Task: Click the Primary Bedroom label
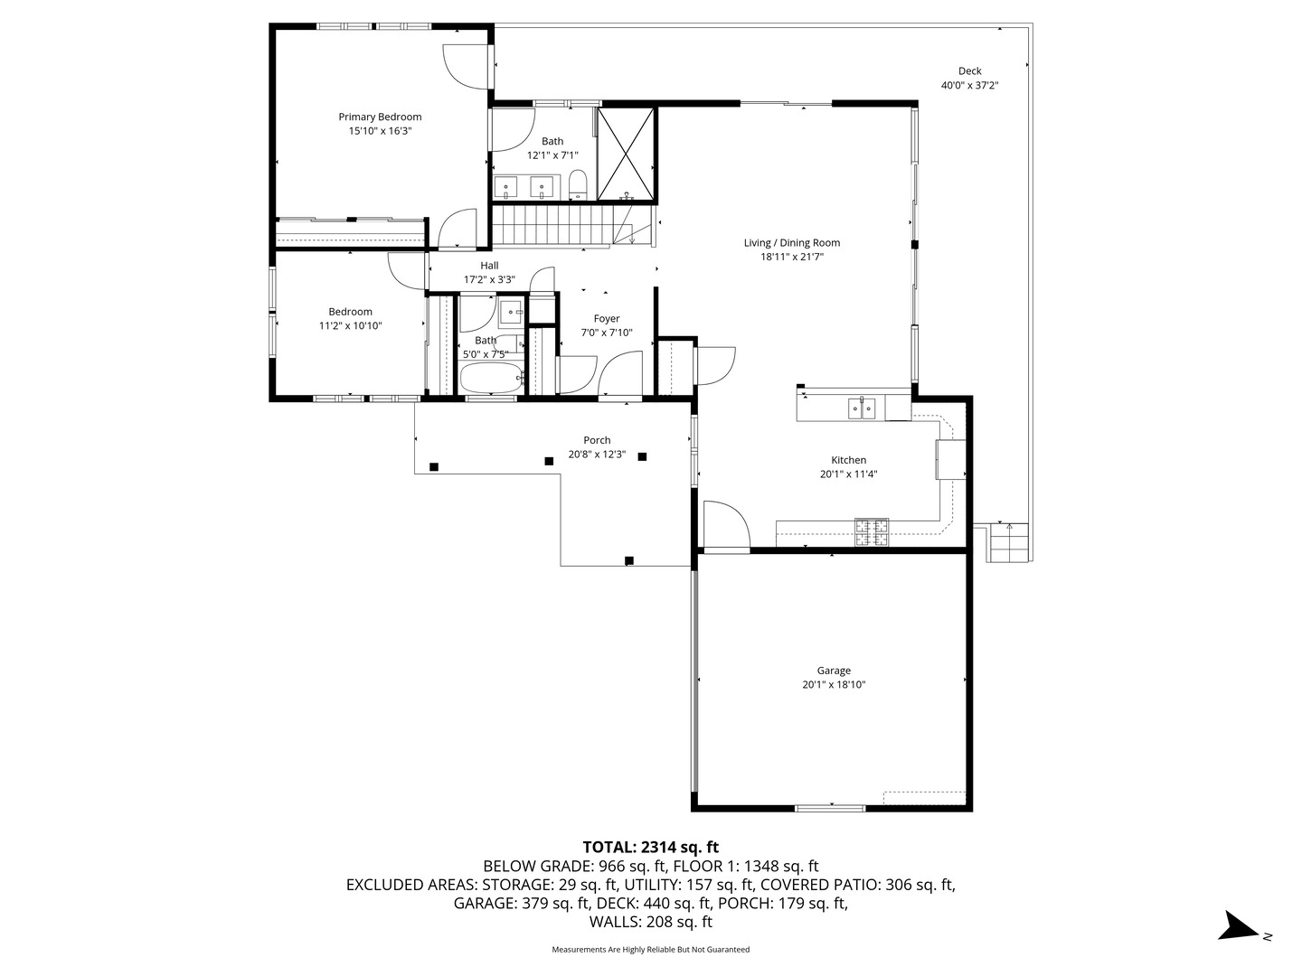click(380, 117)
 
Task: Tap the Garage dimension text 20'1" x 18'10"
click(834, 685)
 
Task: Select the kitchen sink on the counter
click(862, 408)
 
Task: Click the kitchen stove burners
click(872, 531)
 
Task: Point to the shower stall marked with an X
click(626, 154)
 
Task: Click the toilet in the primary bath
click(577, 184)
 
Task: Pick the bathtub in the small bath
click(491, 378)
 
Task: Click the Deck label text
click(970, 71)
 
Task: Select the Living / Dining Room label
click(792, 242)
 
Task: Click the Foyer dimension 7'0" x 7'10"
click(606, 333)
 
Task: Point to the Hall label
click(489, 266)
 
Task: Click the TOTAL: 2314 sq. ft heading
click(651, 847)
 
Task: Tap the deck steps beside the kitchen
click(1007, 542)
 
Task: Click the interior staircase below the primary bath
click(572, 224)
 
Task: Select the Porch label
click(597, 440)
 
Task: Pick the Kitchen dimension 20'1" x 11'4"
click(848, 474)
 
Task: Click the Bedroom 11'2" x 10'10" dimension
click(351, 326)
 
